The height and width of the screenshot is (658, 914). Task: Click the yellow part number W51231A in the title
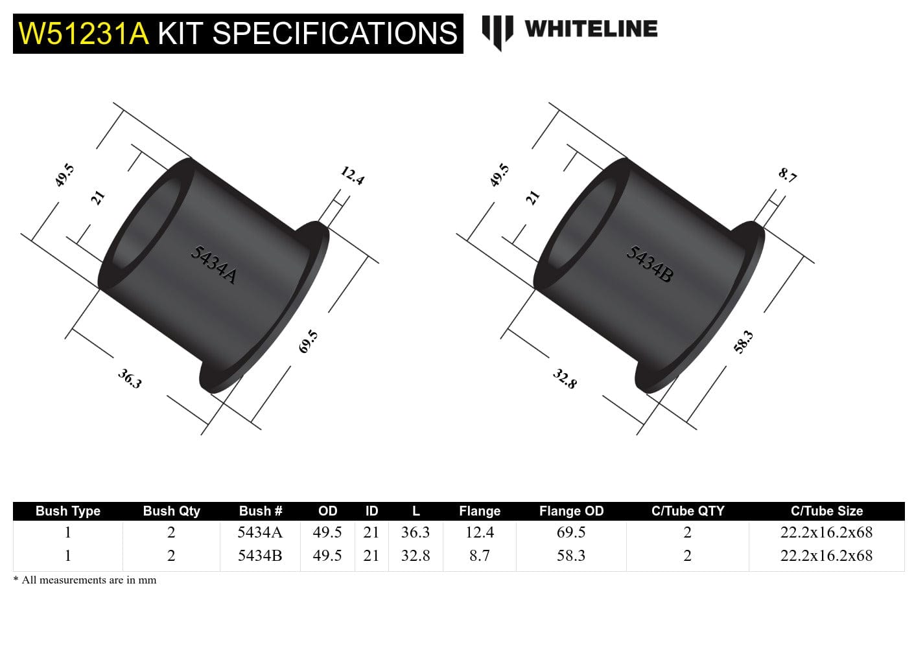(84, 33)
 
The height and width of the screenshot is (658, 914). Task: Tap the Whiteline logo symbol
(497, 32)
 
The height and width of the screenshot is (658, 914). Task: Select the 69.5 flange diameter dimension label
(309, 341)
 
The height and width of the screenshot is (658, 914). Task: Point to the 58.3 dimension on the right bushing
(743, 341)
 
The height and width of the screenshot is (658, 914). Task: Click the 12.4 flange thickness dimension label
(352, 176)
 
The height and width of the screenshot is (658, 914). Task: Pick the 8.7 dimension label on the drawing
(788, 175)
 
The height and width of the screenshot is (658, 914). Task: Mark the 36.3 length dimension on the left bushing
(130, 378)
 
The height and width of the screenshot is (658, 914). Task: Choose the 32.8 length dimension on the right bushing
(565, 378)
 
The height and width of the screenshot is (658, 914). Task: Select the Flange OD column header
(571, 511)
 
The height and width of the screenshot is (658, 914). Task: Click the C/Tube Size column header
(826, 511)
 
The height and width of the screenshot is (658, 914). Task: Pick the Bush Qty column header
(171, 511)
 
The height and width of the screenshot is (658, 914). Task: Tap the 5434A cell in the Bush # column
(260, 532)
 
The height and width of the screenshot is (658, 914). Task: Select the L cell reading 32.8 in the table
(416, 556)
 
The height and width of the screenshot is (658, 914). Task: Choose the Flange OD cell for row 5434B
(571, 556)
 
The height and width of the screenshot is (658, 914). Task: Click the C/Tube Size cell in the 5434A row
(826, 532)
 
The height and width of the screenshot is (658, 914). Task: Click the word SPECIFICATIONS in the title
(334, 33)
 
